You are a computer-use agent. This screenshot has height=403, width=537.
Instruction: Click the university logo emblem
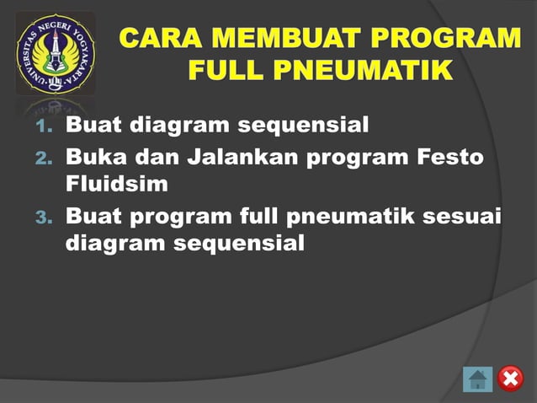[56, 53]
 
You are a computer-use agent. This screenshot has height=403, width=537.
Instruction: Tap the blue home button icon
[477, 379]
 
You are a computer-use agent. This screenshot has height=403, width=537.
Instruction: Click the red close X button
[510, 379]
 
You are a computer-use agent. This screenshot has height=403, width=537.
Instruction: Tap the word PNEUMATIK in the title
[362, 71]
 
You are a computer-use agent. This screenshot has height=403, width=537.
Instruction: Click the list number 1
[45, 128]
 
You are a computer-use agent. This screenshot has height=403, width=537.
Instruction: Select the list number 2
[45, 159]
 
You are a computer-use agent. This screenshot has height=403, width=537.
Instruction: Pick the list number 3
[45, 218]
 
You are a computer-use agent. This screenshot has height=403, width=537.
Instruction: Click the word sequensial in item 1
[303, 126]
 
